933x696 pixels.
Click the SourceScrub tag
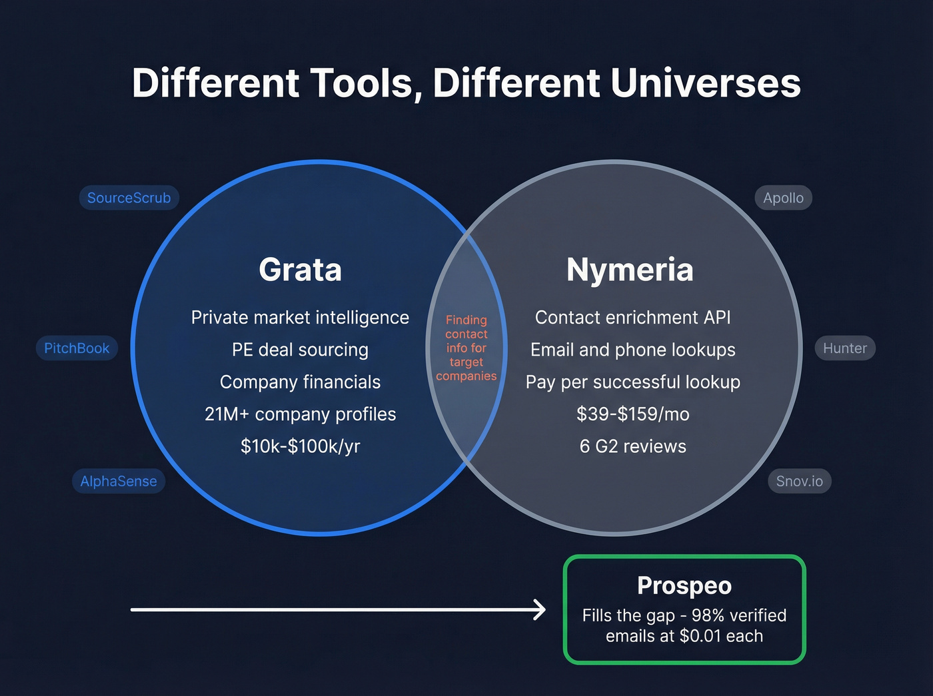pyautogui.click(x=129, y=198)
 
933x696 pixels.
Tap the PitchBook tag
pyautogui.click(x=77, y=348)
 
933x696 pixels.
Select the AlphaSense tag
pyautogui.click(x=119, y=481)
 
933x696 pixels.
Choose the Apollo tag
pyautogui.click(x=783, y=198)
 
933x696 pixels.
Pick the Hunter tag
pyautogui.click(x=844, y=348)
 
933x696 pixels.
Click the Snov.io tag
pyautogui.click(x=799, y=481)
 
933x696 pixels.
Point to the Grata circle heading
pyautogui.click(x=300, y=270)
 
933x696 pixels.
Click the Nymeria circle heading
pyautogui.click(x=630, y=270)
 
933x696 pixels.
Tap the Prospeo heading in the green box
pyautogui.click(x=684, y=585)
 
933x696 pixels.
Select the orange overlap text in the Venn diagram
pyautogui.click(x=467, y=348)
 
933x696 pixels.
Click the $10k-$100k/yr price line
pyautogui.click(x=300, y=446)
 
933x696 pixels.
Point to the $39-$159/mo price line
pyautogui.click(x=632, y=414)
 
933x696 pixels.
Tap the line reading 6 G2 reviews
pyautogui.click(x=632, y=446)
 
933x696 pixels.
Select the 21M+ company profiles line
pyautogui.click(x=300, y=414)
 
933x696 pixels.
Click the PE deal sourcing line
pyautogui.click(x=300, y=350)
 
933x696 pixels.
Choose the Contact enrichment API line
pyautogui.click(x=632, y=318)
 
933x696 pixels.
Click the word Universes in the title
pyautogui.click(x=705, y=83)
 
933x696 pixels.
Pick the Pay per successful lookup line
pyautogui.click(x=632, y=382)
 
